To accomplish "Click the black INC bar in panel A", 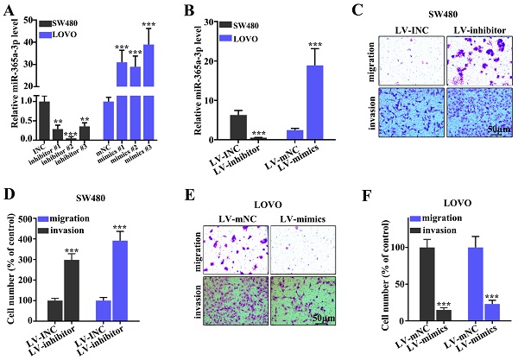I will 42,121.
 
